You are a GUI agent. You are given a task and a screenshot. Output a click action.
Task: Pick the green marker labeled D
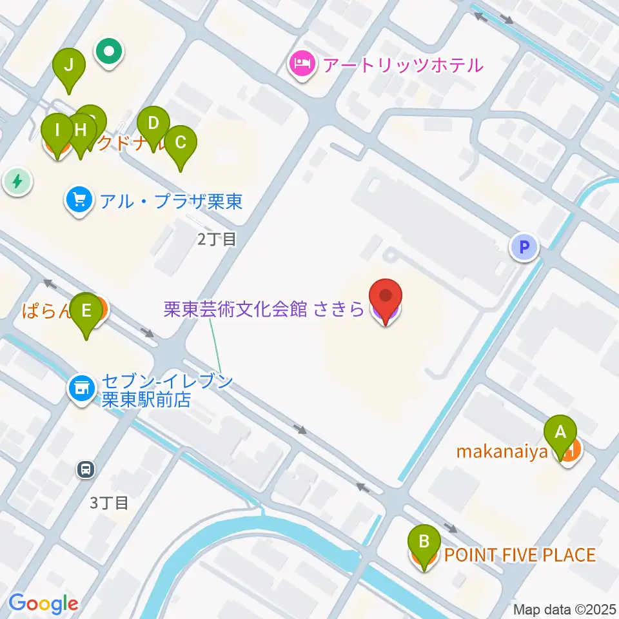pyautogui.click(x=153, y=124)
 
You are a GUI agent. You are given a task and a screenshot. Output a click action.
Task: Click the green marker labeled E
pyautogui.click(x=86, y=311)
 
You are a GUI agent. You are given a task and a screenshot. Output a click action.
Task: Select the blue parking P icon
pyautogui.click(x=524, y=246)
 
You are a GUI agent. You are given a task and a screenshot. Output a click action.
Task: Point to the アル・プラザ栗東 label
pyautogui.click(x=171, y=202)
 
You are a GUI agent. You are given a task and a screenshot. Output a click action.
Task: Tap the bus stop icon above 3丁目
pyautogui.click(x=85, y=469)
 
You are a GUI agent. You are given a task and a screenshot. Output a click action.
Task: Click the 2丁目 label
pyautogui.click(x=217, y=240)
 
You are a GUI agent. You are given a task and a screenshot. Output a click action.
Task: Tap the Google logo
pyautogui.click(x=43, y=604)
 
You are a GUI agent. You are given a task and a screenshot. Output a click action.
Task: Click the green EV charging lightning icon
pyautogui.click(x=17, y=181)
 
